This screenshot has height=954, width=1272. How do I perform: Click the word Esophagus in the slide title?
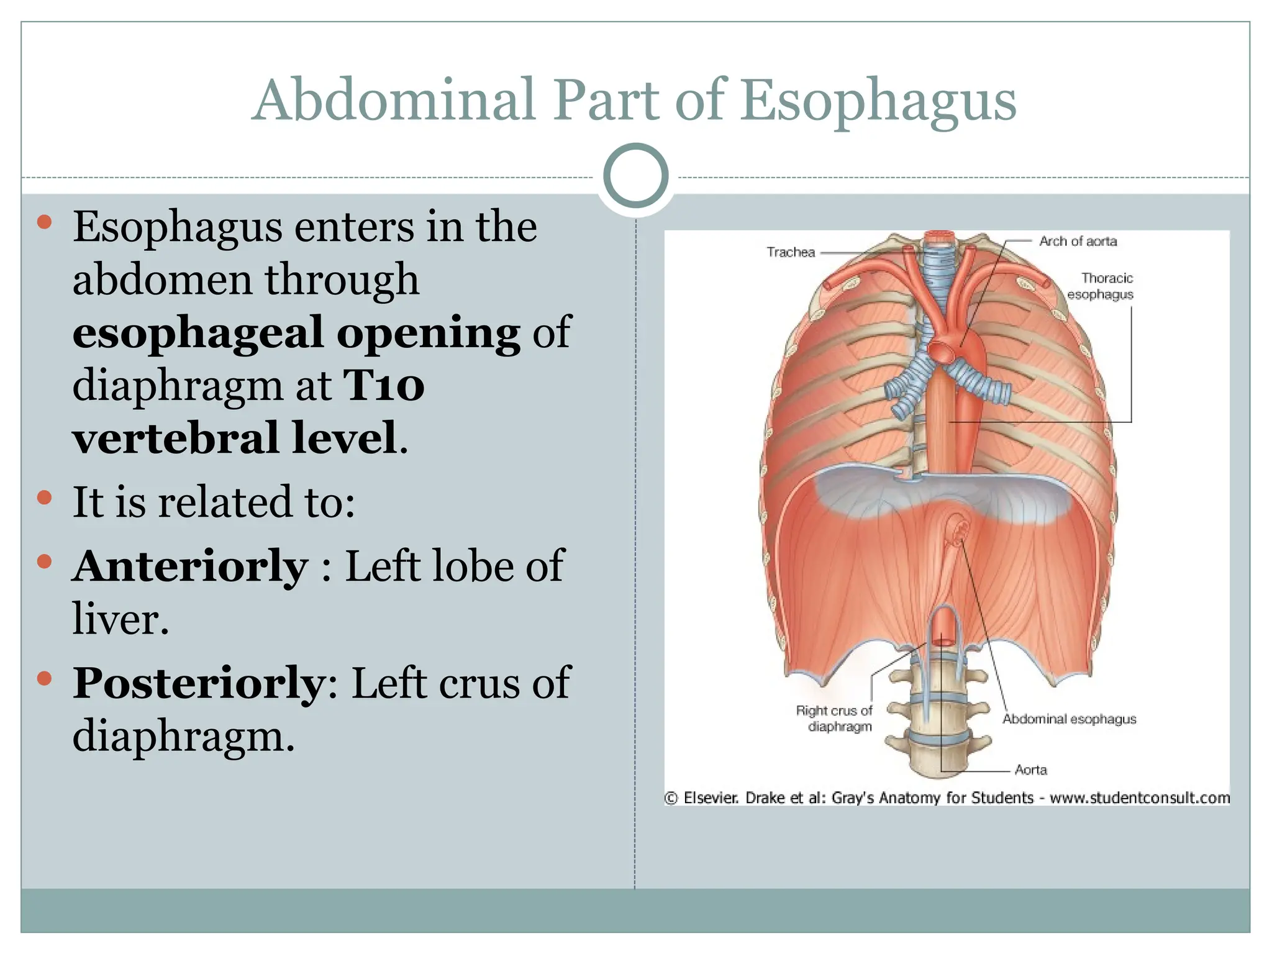(878, 101)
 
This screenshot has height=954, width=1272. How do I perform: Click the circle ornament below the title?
(636, 176)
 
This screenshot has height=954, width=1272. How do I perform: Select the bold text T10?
(384, 385)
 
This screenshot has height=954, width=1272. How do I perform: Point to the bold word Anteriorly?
(190, 566)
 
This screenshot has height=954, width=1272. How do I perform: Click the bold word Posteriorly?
(198, 683)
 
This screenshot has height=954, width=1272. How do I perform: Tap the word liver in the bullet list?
(120, 619)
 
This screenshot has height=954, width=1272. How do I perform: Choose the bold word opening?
(428, 332)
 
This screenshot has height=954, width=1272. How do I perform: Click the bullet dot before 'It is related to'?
(44, 497)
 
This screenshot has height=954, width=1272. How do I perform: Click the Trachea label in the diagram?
(790, 252)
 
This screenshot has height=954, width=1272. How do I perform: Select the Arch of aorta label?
(1078, 241)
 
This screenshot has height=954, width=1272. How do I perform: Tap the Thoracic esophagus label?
(1101, 286)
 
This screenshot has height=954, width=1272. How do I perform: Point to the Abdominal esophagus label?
(1069, 719)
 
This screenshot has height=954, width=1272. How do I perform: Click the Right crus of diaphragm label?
(834, 719)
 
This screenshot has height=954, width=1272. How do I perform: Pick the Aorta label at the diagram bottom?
(1031, 770)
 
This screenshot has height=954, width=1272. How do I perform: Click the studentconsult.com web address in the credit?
(1140, 798)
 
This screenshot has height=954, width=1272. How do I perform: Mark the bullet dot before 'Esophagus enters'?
(44, 222)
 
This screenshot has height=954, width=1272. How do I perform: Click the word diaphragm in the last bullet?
(183, 737)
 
